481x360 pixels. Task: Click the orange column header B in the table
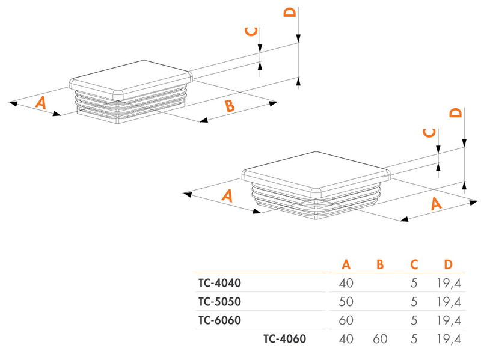(379, 264)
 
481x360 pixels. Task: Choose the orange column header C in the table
(414, 264)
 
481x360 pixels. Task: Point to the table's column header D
(448, 264)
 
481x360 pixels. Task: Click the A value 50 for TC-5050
(346, 301)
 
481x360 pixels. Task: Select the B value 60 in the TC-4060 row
(380, 339)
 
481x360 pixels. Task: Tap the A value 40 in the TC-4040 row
(346, 282)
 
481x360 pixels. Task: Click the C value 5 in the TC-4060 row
(414, 339)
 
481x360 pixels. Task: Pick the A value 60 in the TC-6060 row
(346, 320)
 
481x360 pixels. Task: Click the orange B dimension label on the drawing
(229, 107)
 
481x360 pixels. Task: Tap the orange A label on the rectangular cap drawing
(40, 103)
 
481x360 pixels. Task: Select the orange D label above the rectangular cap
(290, 13)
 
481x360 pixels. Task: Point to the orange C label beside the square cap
(429, 133)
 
